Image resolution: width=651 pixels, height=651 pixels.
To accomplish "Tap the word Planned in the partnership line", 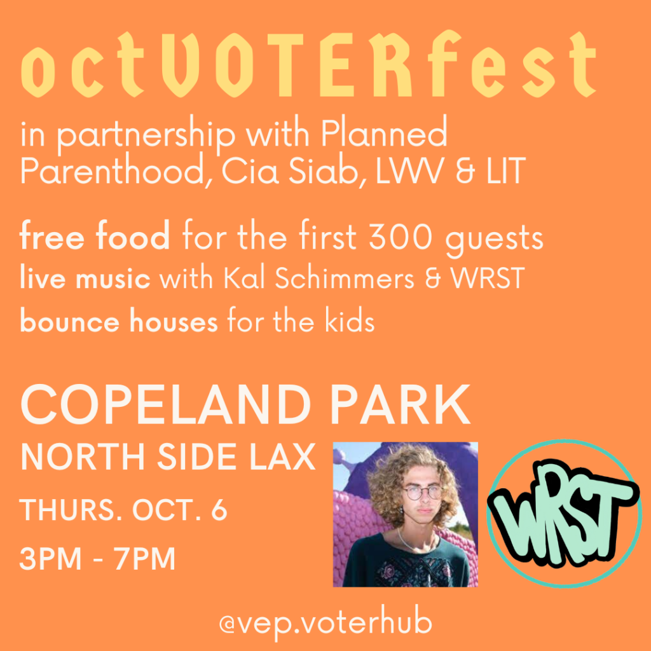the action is tap(383, 134).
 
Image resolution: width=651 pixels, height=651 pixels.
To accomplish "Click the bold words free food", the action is tap(95, 235).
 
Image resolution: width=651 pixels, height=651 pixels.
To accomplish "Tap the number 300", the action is tap(401, 236).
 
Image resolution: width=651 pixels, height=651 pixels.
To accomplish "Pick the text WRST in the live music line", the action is tap(488, 278).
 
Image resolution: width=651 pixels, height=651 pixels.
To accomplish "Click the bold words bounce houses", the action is tap(119, 320).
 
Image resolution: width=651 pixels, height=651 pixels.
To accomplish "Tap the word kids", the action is tap(350, 320).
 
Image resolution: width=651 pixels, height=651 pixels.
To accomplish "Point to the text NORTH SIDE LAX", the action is tap(168, 456).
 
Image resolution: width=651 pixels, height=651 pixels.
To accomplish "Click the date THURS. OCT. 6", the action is tap(123, 509).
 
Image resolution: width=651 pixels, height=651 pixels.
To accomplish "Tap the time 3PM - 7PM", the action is tap(97, 558).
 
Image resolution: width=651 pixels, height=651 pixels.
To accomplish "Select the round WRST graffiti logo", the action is tap(563, 514).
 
